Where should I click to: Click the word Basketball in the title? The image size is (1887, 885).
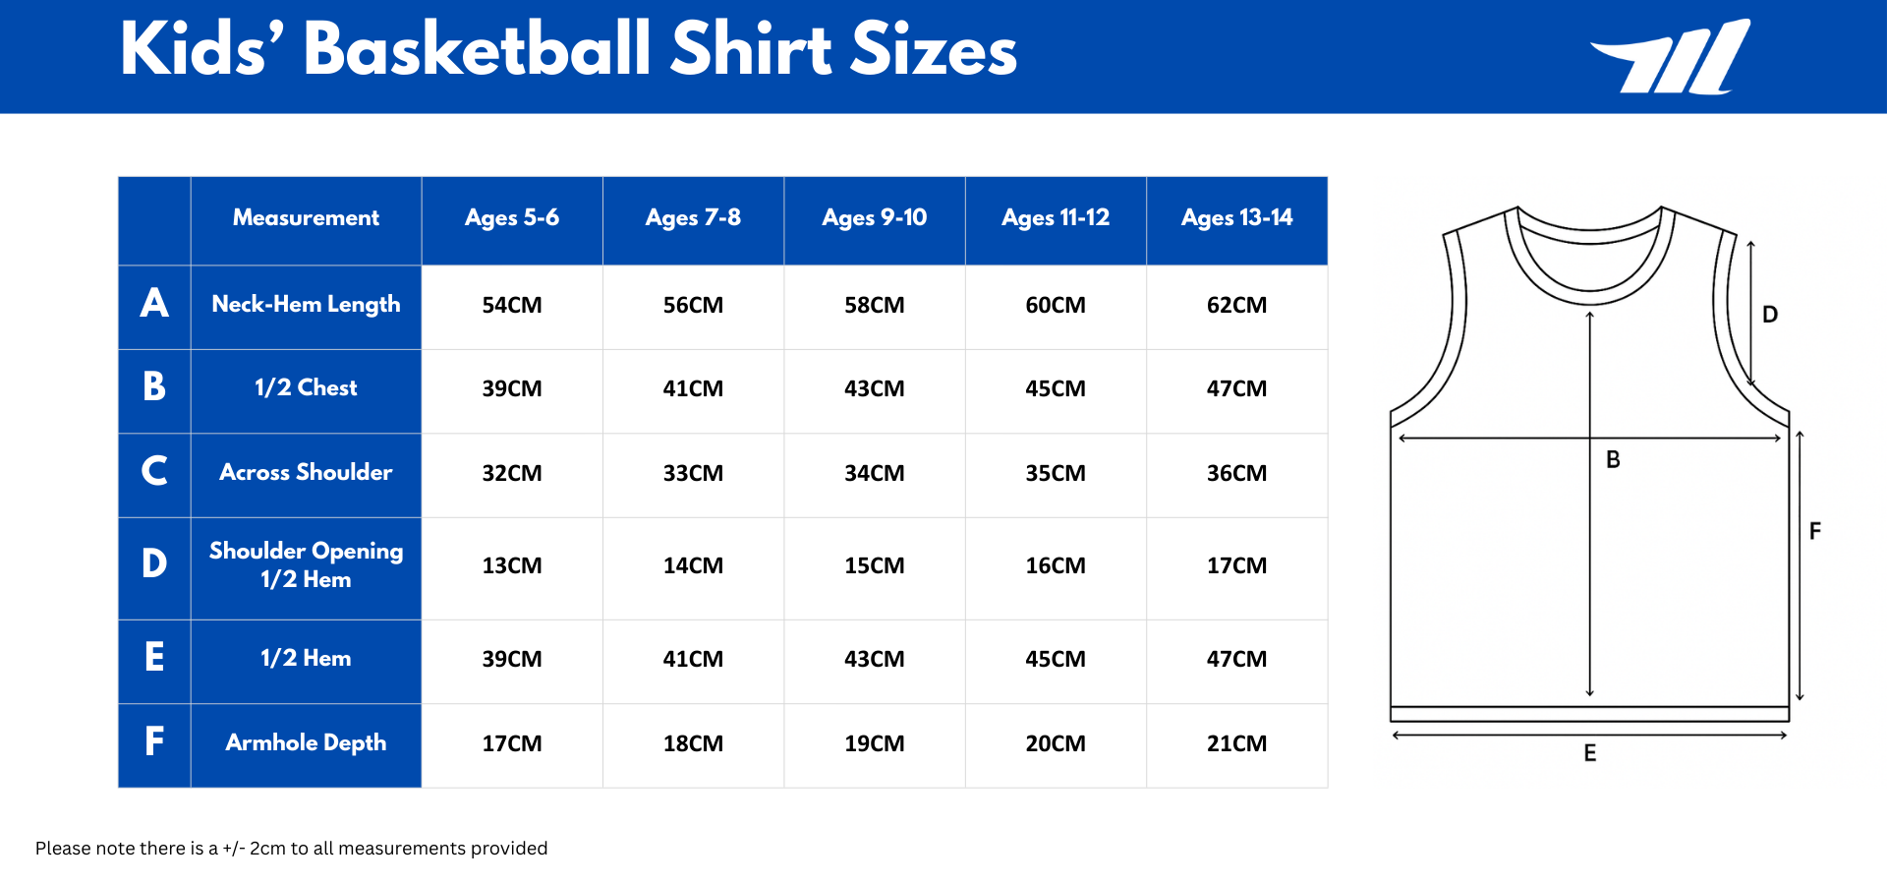[478, 49]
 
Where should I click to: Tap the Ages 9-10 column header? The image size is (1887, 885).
[874, 217]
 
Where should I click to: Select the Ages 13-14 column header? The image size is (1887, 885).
[1236, 217]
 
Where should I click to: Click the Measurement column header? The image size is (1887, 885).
[306, 217]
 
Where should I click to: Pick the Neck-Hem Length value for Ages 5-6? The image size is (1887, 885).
[511, 305]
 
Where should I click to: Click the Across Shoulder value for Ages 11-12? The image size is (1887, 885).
[1056, 473]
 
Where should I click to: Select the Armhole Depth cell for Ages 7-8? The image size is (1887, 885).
[693, 743]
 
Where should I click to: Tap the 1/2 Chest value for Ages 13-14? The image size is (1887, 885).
[1236, 388]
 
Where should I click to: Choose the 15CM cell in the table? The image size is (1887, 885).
[874, 565]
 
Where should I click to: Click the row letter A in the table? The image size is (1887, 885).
[154, 303]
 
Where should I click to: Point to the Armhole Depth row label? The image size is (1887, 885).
[306, 742]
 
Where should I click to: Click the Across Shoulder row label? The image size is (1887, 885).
[306, 472]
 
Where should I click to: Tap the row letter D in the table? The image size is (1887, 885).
[154, 563]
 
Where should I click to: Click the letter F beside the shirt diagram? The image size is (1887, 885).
[1815, 531]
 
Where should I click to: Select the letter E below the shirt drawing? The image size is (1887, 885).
[1589, 753]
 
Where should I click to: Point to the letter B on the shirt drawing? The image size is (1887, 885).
[1613, 459]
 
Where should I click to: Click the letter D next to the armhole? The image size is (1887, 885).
[1770, 315]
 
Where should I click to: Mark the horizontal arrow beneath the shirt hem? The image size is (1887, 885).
[1589, 735]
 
